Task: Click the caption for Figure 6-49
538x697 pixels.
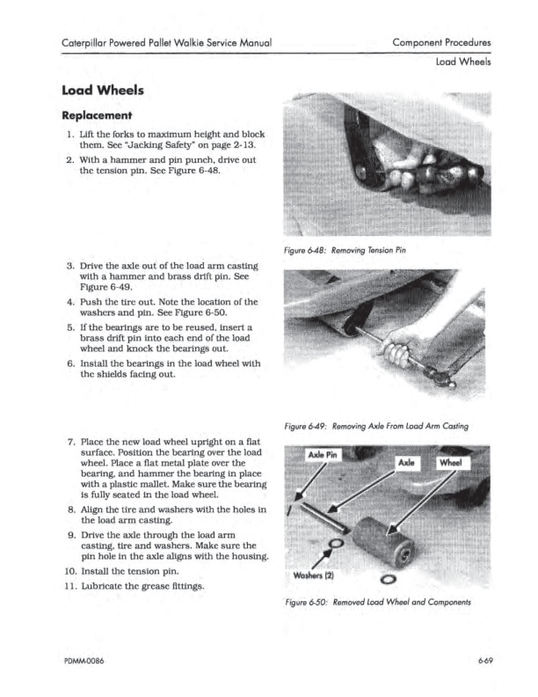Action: click(376, 427)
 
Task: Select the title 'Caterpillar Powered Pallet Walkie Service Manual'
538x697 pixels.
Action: click(165, 42)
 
